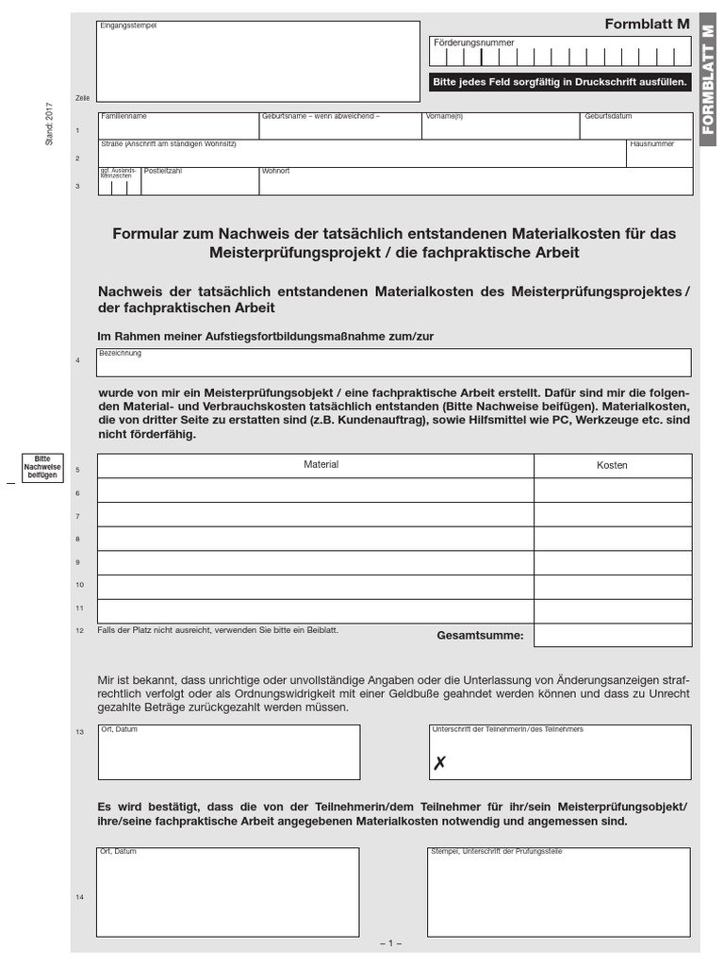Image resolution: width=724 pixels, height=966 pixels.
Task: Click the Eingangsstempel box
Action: pyautogui.click(x=258, y=61)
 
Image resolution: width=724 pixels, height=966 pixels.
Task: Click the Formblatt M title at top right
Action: pyautogui.click(x=647, y=25)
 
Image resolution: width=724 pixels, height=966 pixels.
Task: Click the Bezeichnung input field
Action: pyautogui.click(x=394, y=363)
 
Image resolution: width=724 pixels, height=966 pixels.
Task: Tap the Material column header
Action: pyautogui.click(x=321, y=465)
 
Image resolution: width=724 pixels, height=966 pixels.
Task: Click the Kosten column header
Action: pyautogui.click(x=612, y=465)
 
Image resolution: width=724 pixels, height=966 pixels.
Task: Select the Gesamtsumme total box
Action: pyautogui.click(x=612, y=635)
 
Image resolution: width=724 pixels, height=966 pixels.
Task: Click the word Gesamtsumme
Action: pyautogui.click(x=480, y=636)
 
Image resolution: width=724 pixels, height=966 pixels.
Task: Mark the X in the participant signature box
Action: pyautogui.click(x=439, y=764)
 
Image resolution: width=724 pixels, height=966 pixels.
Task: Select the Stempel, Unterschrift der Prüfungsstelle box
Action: pyautogui.click(x=559, y=891)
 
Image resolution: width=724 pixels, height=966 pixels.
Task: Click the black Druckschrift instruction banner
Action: pyautogui.click(x=560, y=83)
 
